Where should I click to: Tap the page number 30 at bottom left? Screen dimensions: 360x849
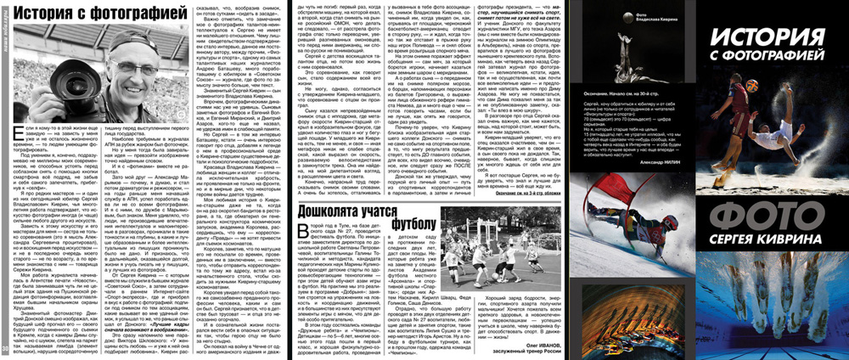(6, 348)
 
